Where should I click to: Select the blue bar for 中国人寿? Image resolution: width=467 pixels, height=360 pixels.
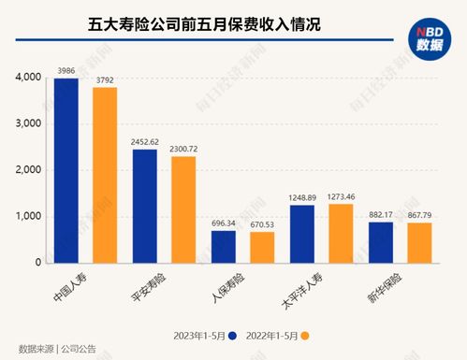pos(66,170)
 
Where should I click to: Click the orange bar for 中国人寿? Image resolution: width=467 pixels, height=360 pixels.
pos(105,175)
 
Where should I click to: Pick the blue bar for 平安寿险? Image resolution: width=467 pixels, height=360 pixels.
pos(144,206)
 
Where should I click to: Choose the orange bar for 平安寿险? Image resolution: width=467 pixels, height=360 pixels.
pos(183,209)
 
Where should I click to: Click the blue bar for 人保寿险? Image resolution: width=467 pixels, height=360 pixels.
pos(223,247)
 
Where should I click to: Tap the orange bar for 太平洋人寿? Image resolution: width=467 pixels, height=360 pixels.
pos(341,234)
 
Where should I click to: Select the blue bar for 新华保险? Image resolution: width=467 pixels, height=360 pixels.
pos(380,242)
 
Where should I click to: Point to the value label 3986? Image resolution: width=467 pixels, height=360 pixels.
pos(66,71)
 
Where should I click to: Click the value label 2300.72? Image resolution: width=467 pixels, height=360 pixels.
pos(183,150)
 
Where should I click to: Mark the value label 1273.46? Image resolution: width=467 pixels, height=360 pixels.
pos(341,197)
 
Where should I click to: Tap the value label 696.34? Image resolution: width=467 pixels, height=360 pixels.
pos(223,224)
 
